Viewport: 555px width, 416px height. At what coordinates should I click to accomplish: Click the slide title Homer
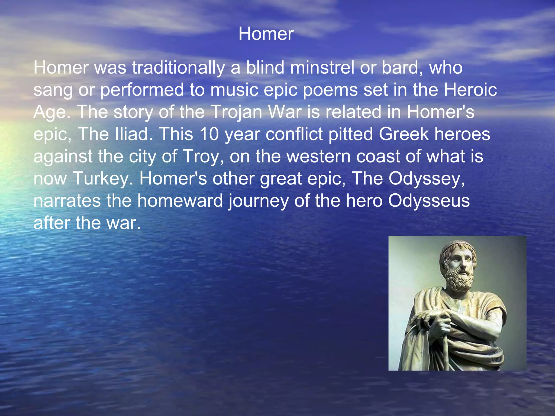point(266,34)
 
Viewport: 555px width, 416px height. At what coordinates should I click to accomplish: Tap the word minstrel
point(322,67)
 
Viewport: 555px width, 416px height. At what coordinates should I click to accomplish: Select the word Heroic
point(470,90)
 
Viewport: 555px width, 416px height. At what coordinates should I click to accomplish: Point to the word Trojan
point(236,112)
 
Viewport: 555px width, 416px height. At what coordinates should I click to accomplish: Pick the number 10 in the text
point(209,134)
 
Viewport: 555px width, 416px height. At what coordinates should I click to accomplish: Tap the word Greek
point(404,134)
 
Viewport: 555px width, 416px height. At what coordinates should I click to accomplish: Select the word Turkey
point(103,179)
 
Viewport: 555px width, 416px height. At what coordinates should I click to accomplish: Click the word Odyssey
point(426,179)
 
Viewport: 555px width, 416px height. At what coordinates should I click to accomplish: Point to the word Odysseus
point(429,201)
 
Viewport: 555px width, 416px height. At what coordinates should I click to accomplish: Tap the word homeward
point(180,201)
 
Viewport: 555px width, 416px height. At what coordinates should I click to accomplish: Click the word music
point(234,90)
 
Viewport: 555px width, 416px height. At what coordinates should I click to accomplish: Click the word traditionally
point(178,67)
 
